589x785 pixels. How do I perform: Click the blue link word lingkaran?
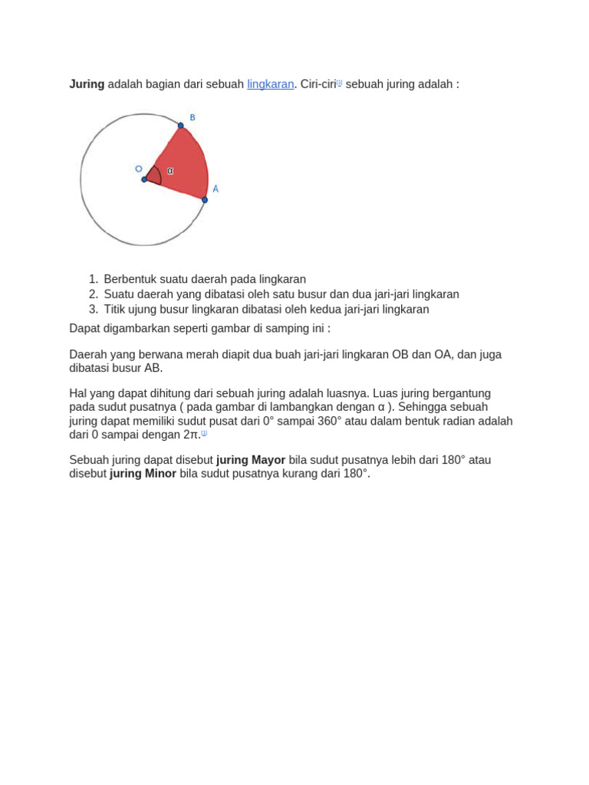point(270,84)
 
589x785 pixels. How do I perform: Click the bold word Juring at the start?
point(87,84)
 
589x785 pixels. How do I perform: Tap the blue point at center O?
point(144,179)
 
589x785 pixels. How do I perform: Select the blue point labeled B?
point(181,126)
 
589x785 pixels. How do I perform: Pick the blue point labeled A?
point(205,200)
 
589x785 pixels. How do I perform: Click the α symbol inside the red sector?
point(169,171)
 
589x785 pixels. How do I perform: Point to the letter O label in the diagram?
point(138,169)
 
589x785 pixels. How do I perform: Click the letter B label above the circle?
point(192,117)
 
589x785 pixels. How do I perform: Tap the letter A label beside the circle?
point(216,189)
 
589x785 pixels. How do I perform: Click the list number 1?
point(92,280)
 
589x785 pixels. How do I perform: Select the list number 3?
point(92,310)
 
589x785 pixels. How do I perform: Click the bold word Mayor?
point(268,460)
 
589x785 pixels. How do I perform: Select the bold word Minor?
point(160,474)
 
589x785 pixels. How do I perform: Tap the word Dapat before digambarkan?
point(84,328)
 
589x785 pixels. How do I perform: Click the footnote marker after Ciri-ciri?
point(340,82)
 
